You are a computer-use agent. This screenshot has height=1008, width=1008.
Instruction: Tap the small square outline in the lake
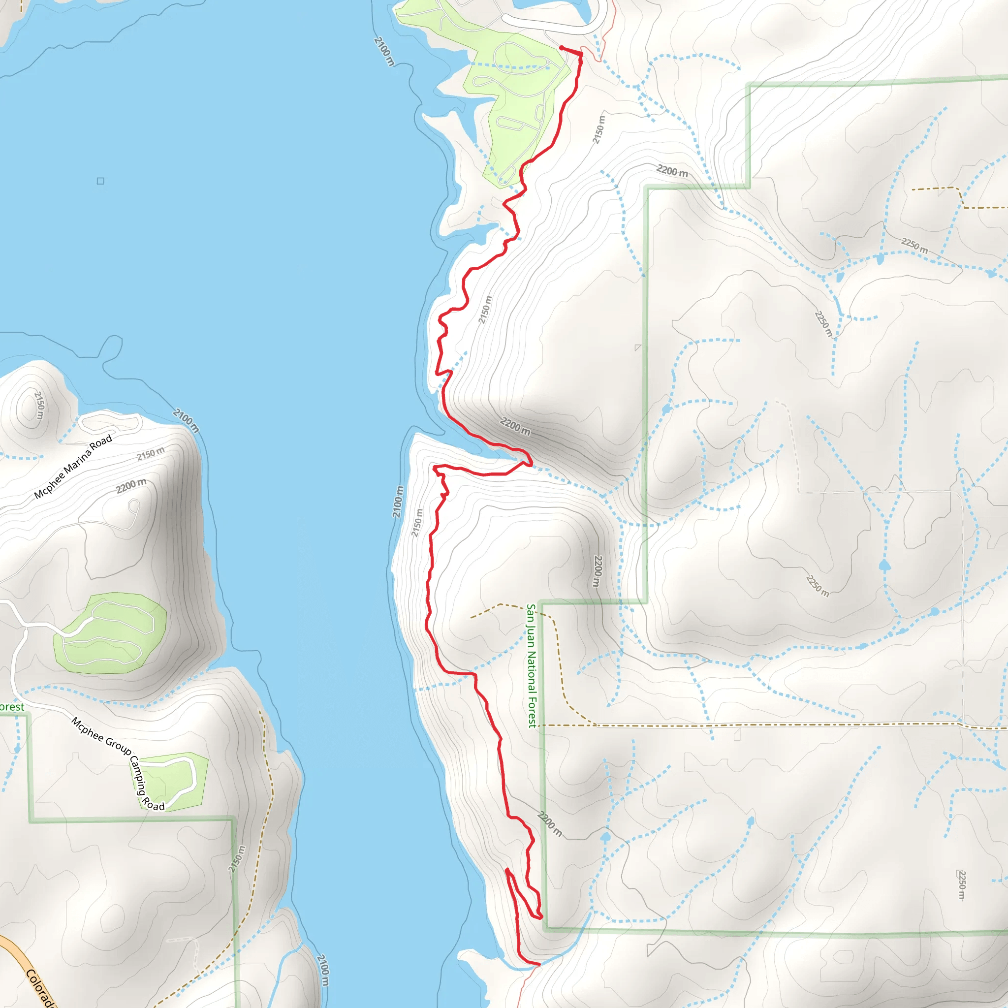100,181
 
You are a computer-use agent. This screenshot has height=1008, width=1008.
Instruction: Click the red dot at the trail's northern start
562,48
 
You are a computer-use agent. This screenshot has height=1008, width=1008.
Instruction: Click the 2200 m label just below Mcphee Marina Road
131,486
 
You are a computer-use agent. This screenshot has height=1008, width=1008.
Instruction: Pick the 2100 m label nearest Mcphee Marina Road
186,420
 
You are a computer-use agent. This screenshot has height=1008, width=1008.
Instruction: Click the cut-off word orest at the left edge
11,707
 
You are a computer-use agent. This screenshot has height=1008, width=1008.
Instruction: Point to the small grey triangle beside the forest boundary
637,347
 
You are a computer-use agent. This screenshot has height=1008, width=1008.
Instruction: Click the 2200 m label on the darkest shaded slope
515,426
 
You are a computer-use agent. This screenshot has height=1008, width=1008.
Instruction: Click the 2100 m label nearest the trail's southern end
323,970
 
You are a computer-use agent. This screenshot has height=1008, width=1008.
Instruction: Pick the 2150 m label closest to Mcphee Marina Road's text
151,453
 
